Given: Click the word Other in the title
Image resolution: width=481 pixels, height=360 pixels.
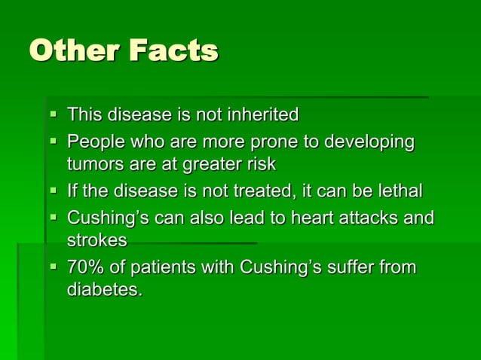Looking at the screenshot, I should click(x=75, y=50).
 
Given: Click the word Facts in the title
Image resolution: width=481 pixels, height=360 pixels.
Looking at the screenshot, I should click(x=173, y=50).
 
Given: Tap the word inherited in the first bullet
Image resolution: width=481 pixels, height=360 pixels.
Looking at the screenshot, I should click(x=261, y=114).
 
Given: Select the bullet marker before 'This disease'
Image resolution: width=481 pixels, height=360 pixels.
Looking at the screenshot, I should click(x=54, y=115).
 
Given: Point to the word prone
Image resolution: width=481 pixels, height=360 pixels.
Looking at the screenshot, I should click(x=272, y=142).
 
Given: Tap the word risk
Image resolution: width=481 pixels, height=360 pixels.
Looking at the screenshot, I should click(x=260, y=164).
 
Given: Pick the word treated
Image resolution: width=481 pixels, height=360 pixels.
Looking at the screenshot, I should click(x=259, y=191).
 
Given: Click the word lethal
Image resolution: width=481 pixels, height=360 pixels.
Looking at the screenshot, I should click(x=399, y=191).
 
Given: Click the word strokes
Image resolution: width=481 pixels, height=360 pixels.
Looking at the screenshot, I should click(x=97, y=240).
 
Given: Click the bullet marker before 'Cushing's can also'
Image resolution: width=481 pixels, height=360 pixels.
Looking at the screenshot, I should click(x=54, y=218).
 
